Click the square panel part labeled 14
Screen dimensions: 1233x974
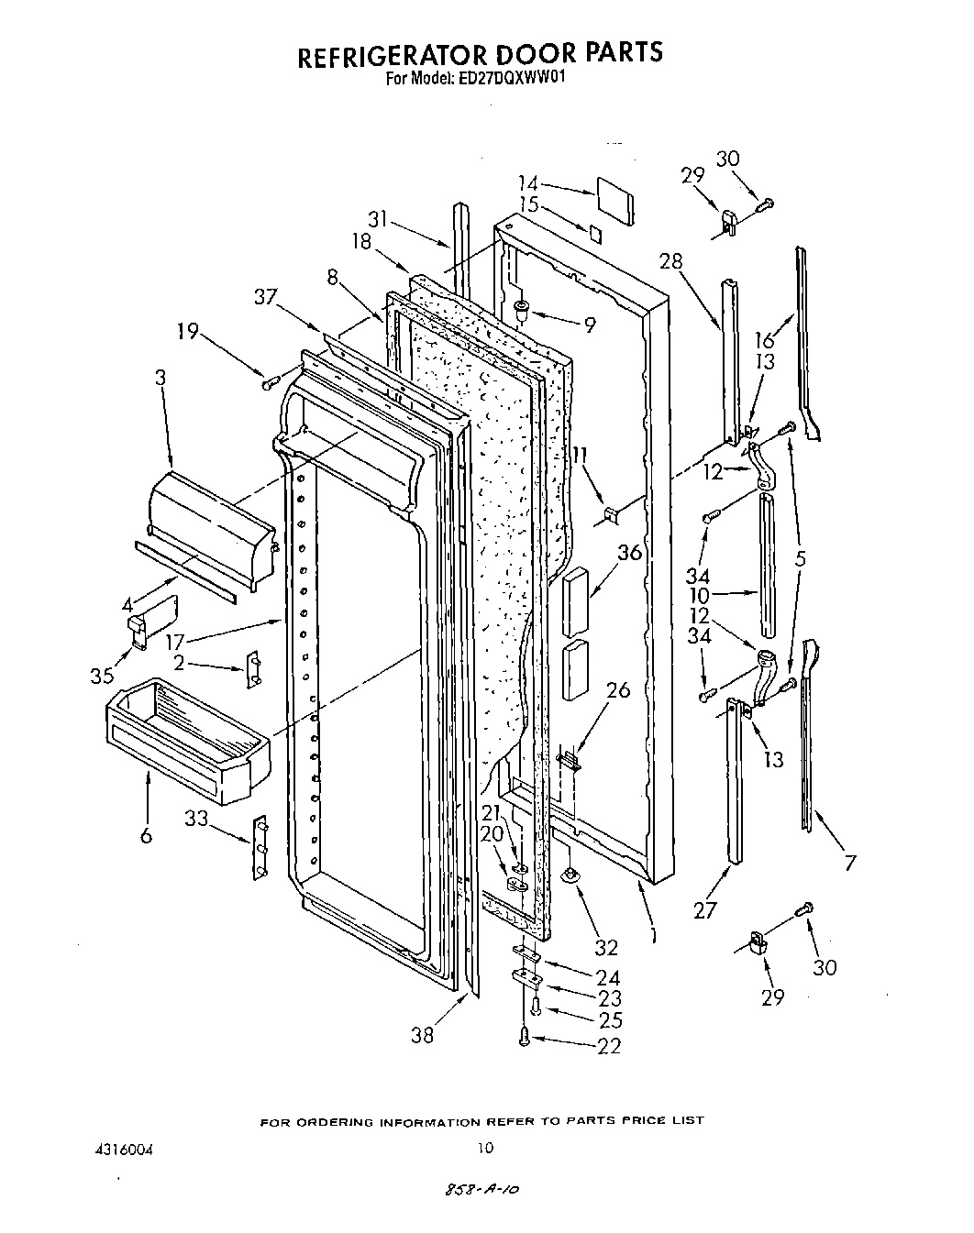[x=614, y=201]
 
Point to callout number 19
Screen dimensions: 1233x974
[x=188, y=331]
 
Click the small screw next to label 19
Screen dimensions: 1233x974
[x=271, y=382]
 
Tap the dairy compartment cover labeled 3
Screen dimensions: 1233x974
[x=211, y=528]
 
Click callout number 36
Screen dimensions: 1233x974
[x=629, y=553]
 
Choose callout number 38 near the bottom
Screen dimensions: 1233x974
[x=422, y=1035]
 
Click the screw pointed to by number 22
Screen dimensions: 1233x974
[x=524, y=1037]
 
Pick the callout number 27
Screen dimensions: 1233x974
[x=704, y=908]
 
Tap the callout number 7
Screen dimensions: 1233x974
[x=850, y=862]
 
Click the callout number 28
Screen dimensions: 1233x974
[x=671, y=261]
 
